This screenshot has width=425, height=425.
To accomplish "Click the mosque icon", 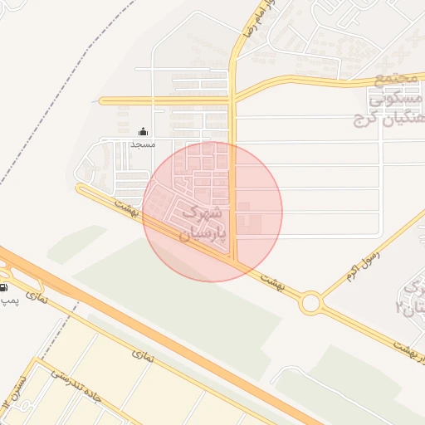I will pyautogui.click(x=143, y=131).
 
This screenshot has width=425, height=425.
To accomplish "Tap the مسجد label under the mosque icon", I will pyautogui.click(x=143, y=144).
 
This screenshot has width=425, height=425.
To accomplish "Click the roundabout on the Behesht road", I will pyautogui.click(x=311, y=303).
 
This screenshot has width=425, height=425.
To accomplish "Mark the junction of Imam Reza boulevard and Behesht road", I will pyautogui.click(x=235, y=263).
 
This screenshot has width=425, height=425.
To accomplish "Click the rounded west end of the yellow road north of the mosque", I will pyautogui.click(x=102, y=101).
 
